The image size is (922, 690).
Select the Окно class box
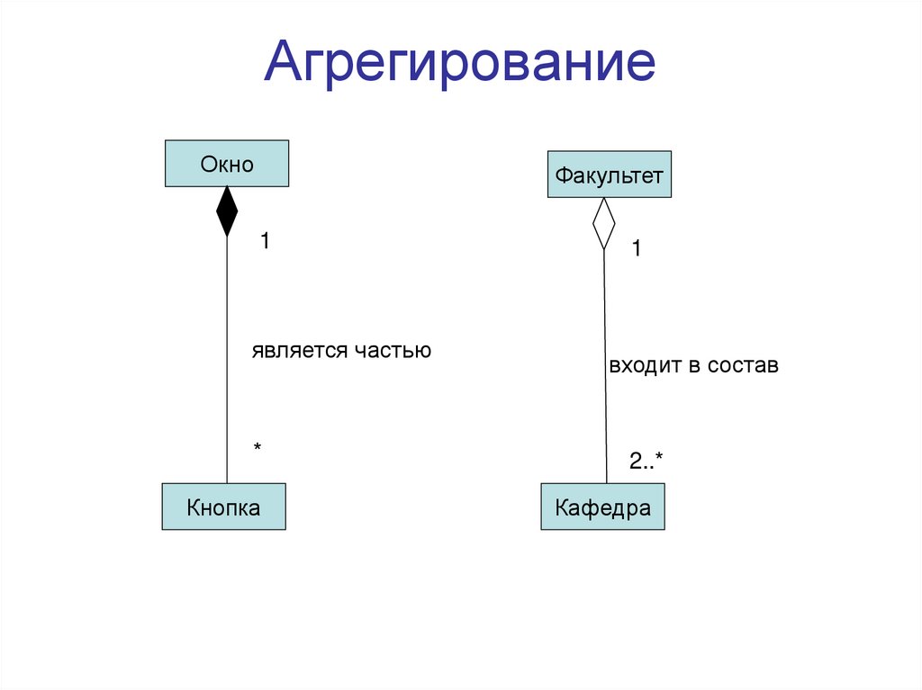[x=227, y=164]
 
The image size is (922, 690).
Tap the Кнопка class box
[x=223, y=506]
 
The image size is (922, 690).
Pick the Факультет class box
[x=609, y=175]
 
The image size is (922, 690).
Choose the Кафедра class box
[x=602, y=507]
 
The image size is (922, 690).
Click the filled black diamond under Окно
[x=227, y=211]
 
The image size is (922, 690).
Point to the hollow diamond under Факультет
[x=603, y=222]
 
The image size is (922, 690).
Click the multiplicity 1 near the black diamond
[x=266, y=241]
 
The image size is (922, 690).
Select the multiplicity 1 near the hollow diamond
[x=636, y=249]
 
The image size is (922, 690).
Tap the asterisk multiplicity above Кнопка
[x=258, y=447]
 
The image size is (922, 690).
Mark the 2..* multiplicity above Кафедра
[x=646, y=461]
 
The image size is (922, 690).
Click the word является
[x=300, y=351]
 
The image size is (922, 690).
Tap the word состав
[x=743, y=366]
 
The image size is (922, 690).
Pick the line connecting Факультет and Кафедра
[x=605, y=378]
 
